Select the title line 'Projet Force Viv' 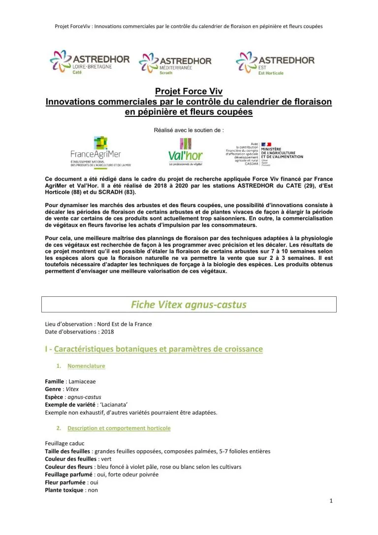189,91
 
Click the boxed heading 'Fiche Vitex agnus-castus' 189,304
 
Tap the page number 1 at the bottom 331,501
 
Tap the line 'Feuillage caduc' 64,443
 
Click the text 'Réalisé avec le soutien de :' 189,131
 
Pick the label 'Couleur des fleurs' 66,466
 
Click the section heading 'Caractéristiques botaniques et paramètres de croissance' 158,349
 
